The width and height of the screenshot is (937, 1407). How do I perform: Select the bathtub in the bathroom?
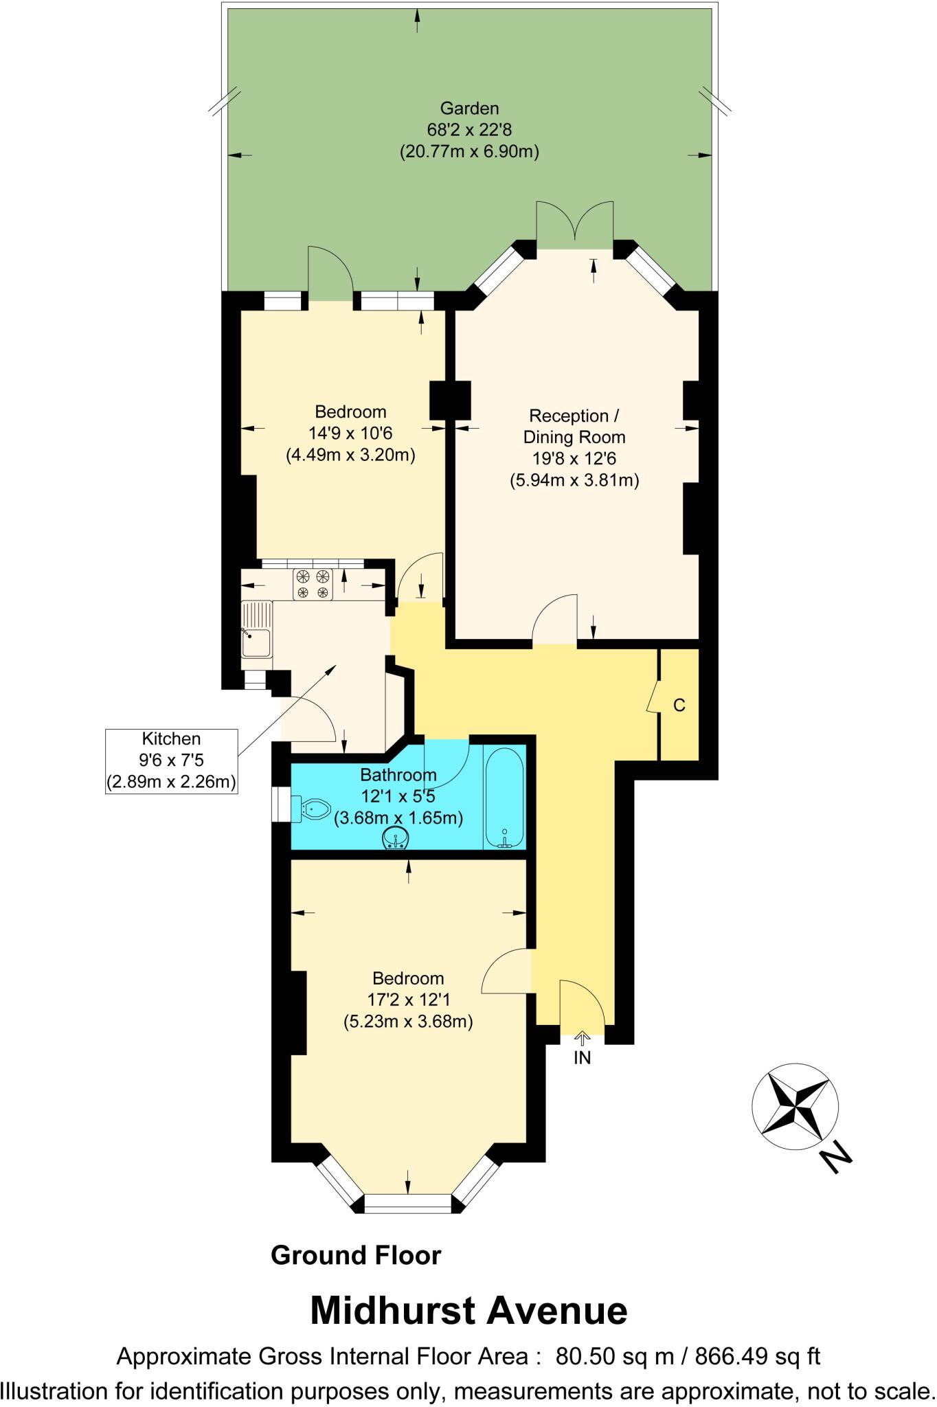[504, 798]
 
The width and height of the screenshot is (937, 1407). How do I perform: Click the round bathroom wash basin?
[396, 839]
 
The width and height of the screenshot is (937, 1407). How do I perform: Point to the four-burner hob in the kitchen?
[313, 584]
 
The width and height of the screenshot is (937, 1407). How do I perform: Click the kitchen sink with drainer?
[256, 630]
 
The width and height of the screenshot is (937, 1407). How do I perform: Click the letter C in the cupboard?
[679, 706]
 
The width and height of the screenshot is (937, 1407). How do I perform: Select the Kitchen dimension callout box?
[171, 761]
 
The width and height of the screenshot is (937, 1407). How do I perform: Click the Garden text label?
[469, 108]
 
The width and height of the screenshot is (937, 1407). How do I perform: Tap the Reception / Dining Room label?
[574, 427]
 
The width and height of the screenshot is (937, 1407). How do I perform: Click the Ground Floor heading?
[356, 1254]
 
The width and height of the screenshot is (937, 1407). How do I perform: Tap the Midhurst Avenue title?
[468, 1310]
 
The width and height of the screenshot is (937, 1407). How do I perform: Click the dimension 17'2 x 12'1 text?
[408, 1000]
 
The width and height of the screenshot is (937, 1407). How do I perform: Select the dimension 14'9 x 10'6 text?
[350, 433]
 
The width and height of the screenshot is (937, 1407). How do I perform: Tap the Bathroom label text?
[398, 775]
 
